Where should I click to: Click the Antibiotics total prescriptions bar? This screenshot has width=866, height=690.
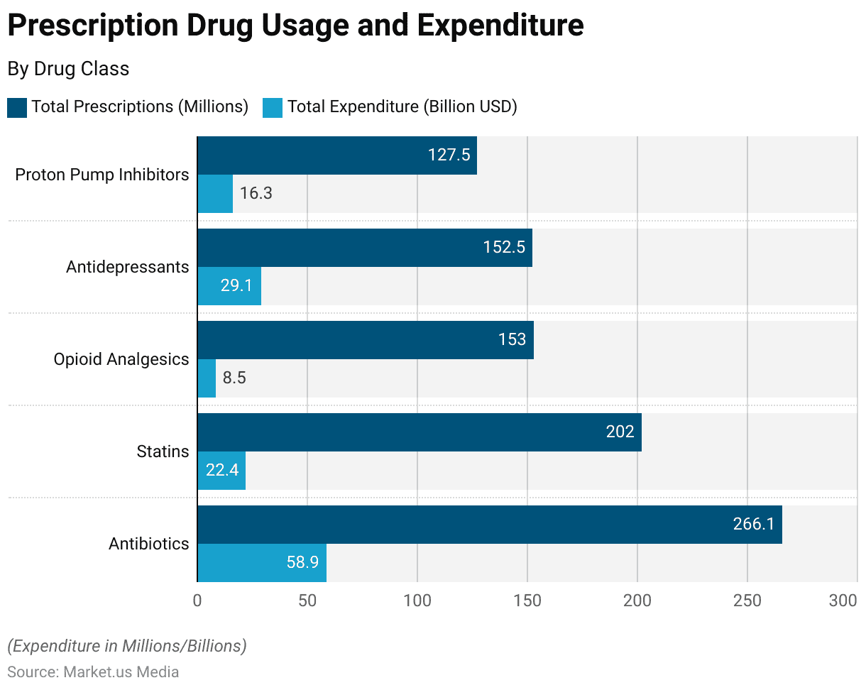click(x=490, y=525)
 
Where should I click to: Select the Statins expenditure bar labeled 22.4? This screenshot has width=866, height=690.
click(x=221, y=470)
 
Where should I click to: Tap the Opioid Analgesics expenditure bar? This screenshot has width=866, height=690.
click(x=207, y=378)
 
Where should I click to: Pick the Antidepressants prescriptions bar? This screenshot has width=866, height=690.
click(x=365, y=248)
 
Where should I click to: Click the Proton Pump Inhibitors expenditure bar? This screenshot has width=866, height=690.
click(x=215, y=193)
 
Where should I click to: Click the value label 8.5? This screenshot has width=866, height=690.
click(x=234, y=378)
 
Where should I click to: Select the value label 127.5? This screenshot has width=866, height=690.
click(x=449, y=155)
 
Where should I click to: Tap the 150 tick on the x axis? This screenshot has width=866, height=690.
click(x=527, y=601)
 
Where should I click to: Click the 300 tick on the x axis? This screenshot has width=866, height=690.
click(x=843, y=601)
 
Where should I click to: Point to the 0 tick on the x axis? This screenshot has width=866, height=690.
click(x=197, y=601)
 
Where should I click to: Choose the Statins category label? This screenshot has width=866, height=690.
click(x=163, y=451)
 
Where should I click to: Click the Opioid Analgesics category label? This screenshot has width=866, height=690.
click(x=121, y=359)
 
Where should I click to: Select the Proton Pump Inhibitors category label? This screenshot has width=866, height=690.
click(x=102, y=175)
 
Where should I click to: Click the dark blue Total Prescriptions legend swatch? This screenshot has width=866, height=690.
click(x=17, y=107)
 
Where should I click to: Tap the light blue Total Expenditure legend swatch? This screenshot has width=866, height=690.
click(x=273, y=107)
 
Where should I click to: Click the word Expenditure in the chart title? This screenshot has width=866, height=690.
click(x=500, y=26)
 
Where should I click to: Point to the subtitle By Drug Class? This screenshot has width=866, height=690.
click(x=68, y=69)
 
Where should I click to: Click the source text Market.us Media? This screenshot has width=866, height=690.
click(x=121, y=672)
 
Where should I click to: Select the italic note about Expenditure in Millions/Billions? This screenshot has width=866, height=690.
click(x=127, y=646)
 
